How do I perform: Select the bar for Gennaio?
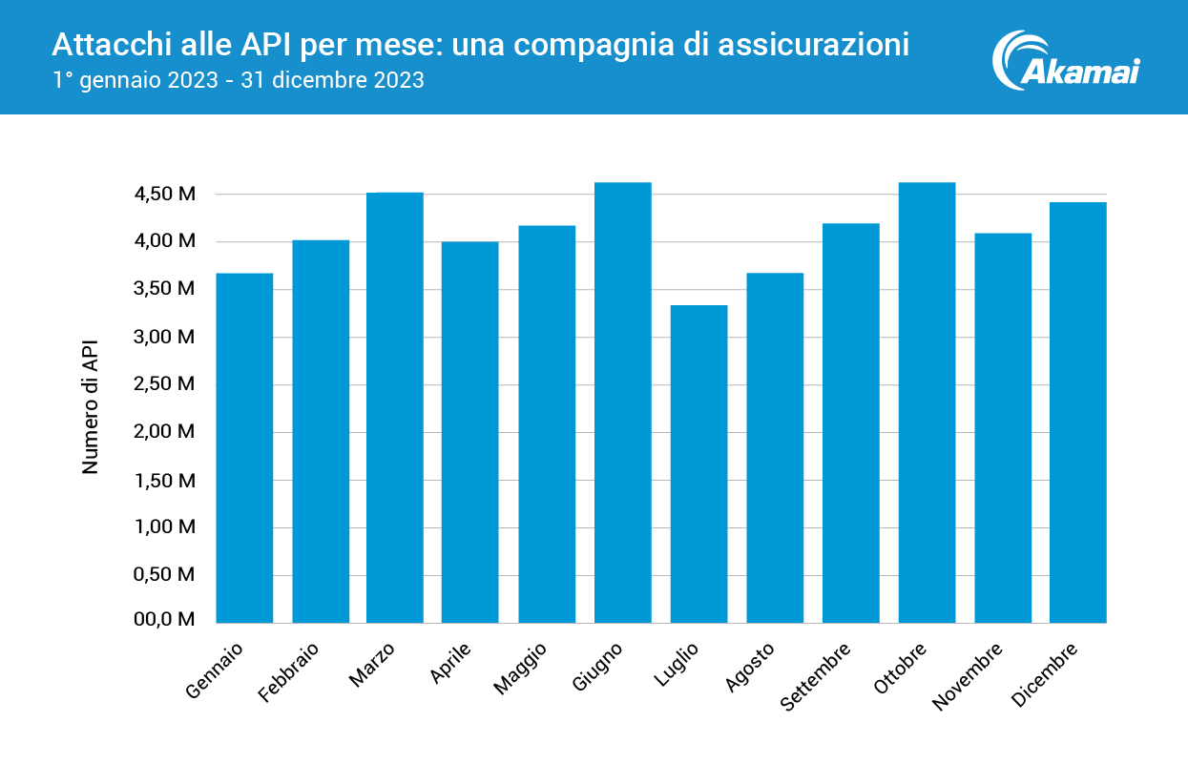point(244,448)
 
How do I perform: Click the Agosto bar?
point(775,448)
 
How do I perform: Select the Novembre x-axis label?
point(968,676)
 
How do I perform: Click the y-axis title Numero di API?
point(91,407)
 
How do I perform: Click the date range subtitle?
point(238,80)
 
